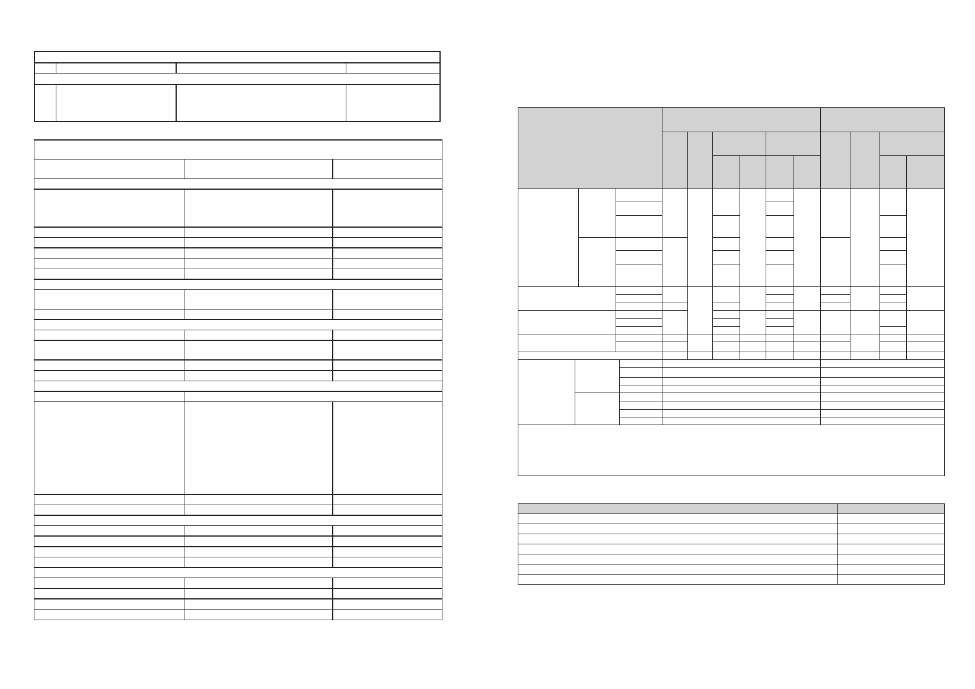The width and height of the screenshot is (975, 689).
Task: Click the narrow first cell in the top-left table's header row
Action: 45,68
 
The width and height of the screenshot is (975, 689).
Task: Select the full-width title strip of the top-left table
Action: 237,57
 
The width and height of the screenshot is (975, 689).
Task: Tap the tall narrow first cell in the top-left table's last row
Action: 45,103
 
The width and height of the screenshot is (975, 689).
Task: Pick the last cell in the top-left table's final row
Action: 393,103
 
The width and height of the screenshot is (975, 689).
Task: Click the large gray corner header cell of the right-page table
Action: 590,148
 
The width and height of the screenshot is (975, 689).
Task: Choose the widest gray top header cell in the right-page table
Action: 741,119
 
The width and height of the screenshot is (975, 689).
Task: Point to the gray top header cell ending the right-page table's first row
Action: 882,119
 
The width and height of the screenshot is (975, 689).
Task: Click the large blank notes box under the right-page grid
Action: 731,450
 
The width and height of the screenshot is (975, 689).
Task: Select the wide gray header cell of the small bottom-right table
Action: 677,508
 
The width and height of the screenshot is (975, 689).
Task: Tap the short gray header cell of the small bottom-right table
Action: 891,508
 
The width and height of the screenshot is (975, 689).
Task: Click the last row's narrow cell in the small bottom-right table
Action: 891,579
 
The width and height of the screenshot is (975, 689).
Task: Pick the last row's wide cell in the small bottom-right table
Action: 677,579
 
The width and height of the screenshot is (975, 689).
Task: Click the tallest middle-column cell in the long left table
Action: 258,448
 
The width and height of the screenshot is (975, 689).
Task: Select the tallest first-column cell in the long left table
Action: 109,448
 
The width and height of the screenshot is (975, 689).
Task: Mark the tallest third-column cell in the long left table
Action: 387,448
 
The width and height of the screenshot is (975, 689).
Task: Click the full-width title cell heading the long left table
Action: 238,149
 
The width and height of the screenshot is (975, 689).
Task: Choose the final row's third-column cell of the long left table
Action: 387,614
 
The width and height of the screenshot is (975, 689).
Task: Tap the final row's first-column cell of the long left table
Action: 109,614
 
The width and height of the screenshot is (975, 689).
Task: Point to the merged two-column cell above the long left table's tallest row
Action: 313,397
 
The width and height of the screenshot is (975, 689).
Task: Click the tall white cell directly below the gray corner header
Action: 547,237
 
